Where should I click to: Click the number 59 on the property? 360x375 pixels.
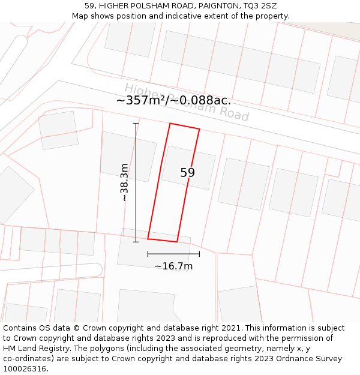[187, 173]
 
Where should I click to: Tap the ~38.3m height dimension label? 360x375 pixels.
[124, 182]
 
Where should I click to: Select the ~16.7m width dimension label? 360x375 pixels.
[173, 266]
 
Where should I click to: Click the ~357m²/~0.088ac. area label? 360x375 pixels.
[173, 100]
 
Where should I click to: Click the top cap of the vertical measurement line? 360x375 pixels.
[136, 124]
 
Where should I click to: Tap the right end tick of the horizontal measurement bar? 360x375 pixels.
[199, 254]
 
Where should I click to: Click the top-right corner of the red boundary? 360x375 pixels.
[199, 129]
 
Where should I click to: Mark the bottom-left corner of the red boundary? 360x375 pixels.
[148, 238]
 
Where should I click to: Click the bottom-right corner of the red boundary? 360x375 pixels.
[177, 242]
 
